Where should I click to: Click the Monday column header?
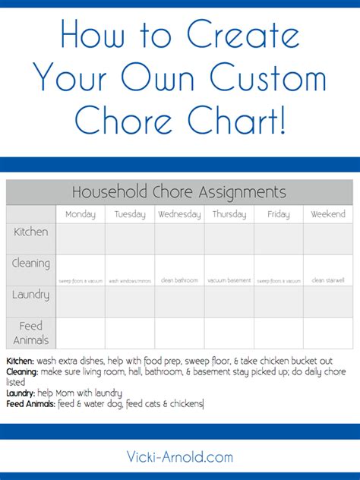[x=81, y=214]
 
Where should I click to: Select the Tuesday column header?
[x=130, y=214]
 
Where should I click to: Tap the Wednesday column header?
[x=179, y=214]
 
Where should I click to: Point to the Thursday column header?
[x=229, y=214]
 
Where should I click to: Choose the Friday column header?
[x=278, y=214]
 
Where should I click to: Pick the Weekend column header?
[x=328, y=214]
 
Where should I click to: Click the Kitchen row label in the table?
[x=31, y=231]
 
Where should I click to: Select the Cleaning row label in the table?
[x=31, y=264]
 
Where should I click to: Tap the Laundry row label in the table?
[x=31, y=294]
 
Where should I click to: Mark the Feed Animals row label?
[x=31, y=333]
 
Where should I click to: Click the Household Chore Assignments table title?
[x=179, y=192]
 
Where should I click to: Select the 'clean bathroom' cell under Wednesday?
[x=179, y=280]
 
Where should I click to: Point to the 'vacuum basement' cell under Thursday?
[x=229, y=280]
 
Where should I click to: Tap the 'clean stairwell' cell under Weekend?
[x=328, y=279]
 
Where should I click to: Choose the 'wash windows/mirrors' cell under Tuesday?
[x=130, y=281]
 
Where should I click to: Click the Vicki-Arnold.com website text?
[x=180, y=456]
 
